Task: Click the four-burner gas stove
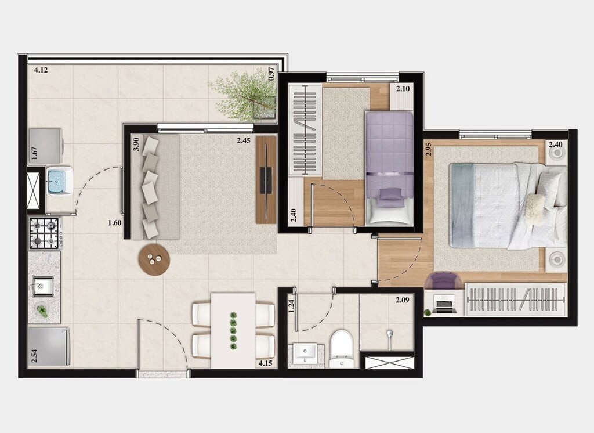45,233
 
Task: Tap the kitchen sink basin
44,286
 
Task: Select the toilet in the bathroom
341,348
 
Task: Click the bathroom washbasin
305,353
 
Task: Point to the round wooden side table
154,259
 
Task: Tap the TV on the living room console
266,180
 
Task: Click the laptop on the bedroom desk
445,304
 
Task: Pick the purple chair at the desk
443,280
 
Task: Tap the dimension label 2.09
402,300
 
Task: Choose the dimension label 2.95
429,149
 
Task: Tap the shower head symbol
390,335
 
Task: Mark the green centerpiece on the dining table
233,331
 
